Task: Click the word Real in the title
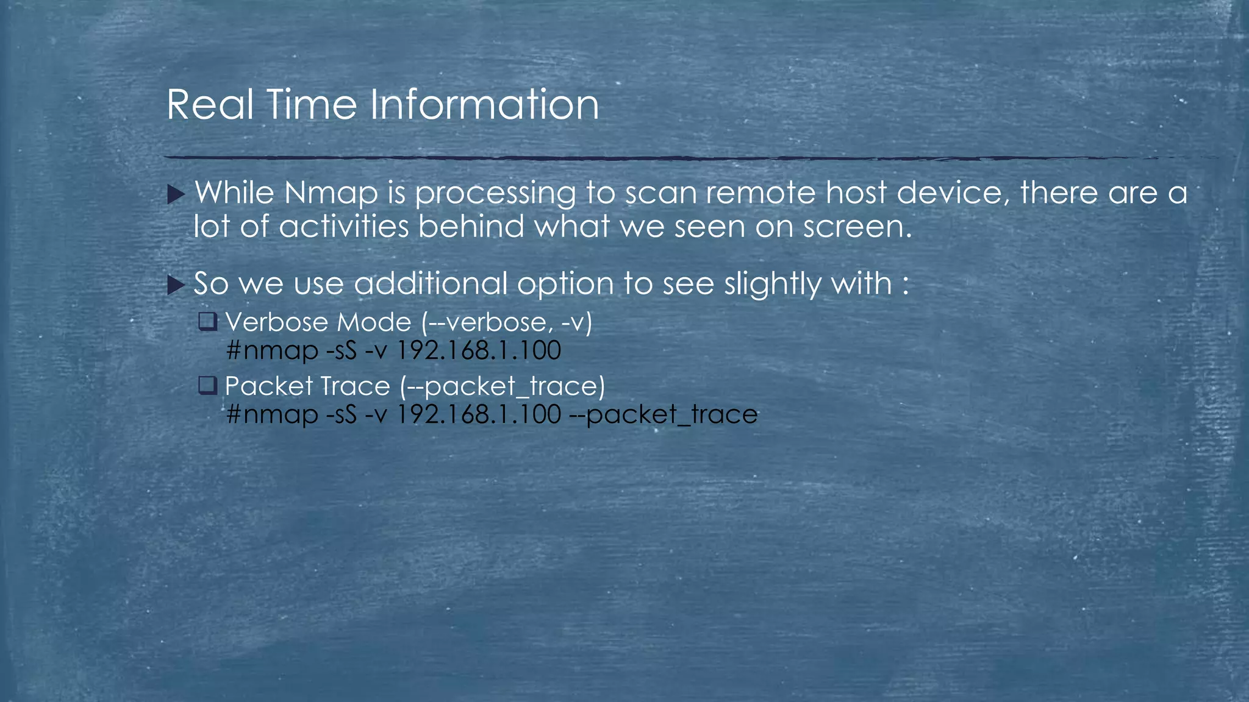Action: (x=209, y=105)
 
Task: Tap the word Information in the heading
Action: (x=484, y=105)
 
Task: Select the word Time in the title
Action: (x=312, y=105)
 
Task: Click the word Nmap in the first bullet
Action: (x=331, y=194)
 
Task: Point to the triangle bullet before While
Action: (x=176, y=195)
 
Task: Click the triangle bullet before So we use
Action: (x=176, y=285)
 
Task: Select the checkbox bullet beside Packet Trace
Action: (x=207, y=385)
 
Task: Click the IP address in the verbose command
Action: (x=479, y=351)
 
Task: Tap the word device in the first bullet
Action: (x=950, y=194)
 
